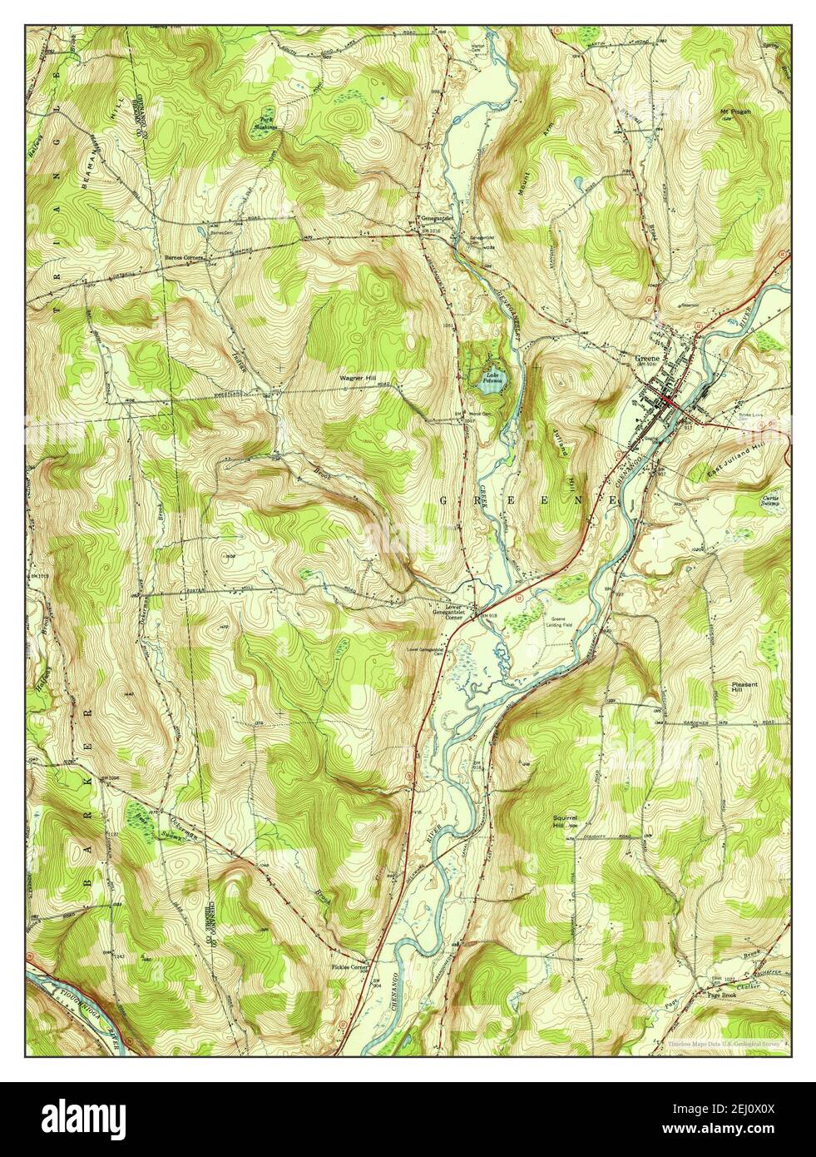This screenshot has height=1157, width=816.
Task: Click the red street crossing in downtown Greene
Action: point(669,402)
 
